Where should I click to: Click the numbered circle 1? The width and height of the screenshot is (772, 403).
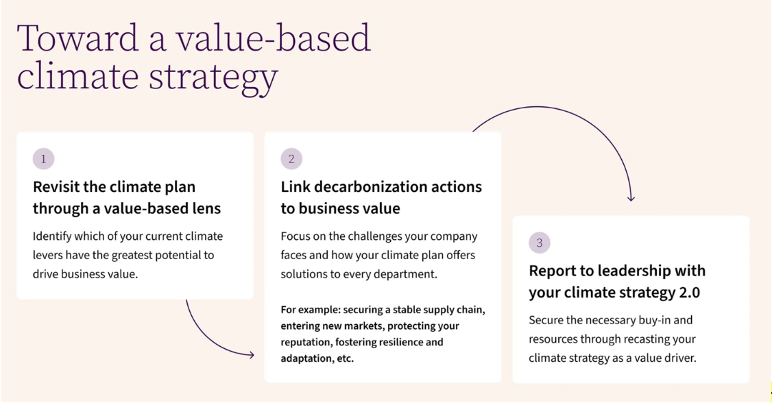pos(43,159)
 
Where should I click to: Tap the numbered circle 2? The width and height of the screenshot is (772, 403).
pos(291,159)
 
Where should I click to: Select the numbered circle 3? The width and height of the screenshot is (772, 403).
pos(540,243)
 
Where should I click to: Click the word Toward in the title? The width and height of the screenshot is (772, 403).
pos(77,38)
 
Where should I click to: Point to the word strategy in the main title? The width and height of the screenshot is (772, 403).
pos(213,77)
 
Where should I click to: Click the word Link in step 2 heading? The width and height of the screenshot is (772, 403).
pos(295,187)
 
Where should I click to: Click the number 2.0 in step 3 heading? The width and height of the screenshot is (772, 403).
pos(689,293)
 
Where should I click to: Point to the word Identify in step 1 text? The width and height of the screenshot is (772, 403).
pos(54,236)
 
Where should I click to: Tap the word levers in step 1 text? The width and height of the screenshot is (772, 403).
pos(47,255)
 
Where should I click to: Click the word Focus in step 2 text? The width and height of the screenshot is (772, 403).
pos(295,236)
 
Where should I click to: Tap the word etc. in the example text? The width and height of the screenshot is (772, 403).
pos(345,358)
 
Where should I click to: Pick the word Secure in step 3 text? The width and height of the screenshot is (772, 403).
pos(546,320)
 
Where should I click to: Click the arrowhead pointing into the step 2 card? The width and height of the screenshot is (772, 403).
pos(252,355)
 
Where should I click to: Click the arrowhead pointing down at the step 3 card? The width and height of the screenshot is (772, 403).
pos(631,198)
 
